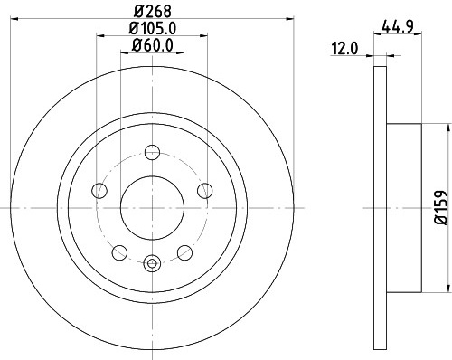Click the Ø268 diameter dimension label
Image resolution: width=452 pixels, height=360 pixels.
152,12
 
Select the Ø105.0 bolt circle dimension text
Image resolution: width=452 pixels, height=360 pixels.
152,29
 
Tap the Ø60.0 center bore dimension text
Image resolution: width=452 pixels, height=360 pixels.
152,46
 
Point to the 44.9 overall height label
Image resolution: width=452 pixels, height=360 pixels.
397,27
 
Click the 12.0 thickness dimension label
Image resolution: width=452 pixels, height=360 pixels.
344,49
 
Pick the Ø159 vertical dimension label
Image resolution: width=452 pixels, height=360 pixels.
443,207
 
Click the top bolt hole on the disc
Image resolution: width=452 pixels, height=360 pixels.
152,152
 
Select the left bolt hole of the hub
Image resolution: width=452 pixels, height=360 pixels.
99,191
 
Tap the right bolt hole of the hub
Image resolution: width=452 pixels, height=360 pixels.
205,191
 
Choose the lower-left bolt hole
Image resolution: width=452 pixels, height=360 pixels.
119,252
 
